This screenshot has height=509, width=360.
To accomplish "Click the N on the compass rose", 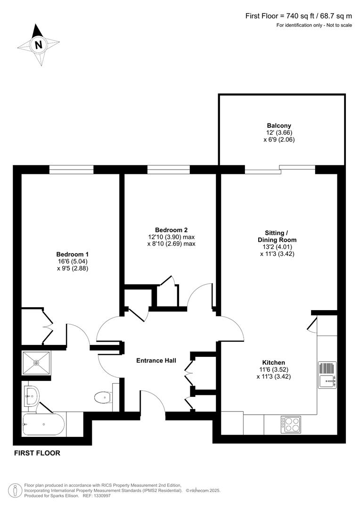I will click(x=39, y=45).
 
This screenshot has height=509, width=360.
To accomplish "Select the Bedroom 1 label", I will click(x=72, y=254).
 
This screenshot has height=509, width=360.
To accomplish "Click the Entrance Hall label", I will click(x=156, y=361).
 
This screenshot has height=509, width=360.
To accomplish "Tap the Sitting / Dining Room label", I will click(x=280, y=236).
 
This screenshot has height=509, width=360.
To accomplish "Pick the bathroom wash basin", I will click(x=30, y=395).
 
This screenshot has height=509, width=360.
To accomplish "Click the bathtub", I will click(x=43, y=424).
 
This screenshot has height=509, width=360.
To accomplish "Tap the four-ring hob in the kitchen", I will click(x=290, y=424).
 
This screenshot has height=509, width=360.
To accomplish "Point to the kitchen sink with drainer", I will click(x=327, y=375).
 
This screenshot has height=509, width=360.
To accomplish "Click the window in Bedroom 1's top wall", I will click(x=72, y=170).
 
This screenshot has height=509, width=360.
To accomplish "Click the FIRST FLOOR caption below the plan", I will click(x=37, y=453).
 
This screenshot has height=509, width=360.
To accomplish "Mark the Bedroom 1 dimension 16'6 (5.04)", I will click(x=72, y=261).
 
